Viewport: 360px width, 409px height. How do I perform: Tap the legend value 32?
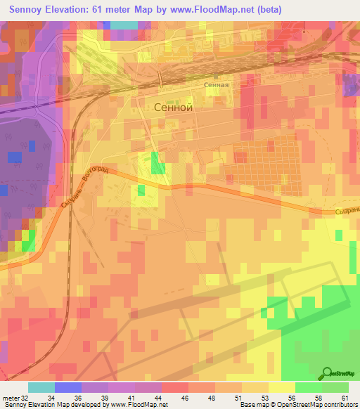(25, 398)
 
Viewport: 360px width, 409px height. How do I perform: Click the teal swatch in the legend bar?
(41, 387)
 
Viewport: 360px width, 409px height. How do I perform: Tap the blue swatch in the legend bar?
(68, 387)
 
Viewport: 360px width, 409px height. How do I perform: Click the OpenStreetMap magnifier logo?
(328, 375)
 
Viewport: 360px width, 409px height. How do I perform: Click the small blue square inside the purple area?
(15, 157)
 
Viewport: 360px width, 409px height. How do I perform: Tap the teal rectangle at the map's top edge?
(124, 25)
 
